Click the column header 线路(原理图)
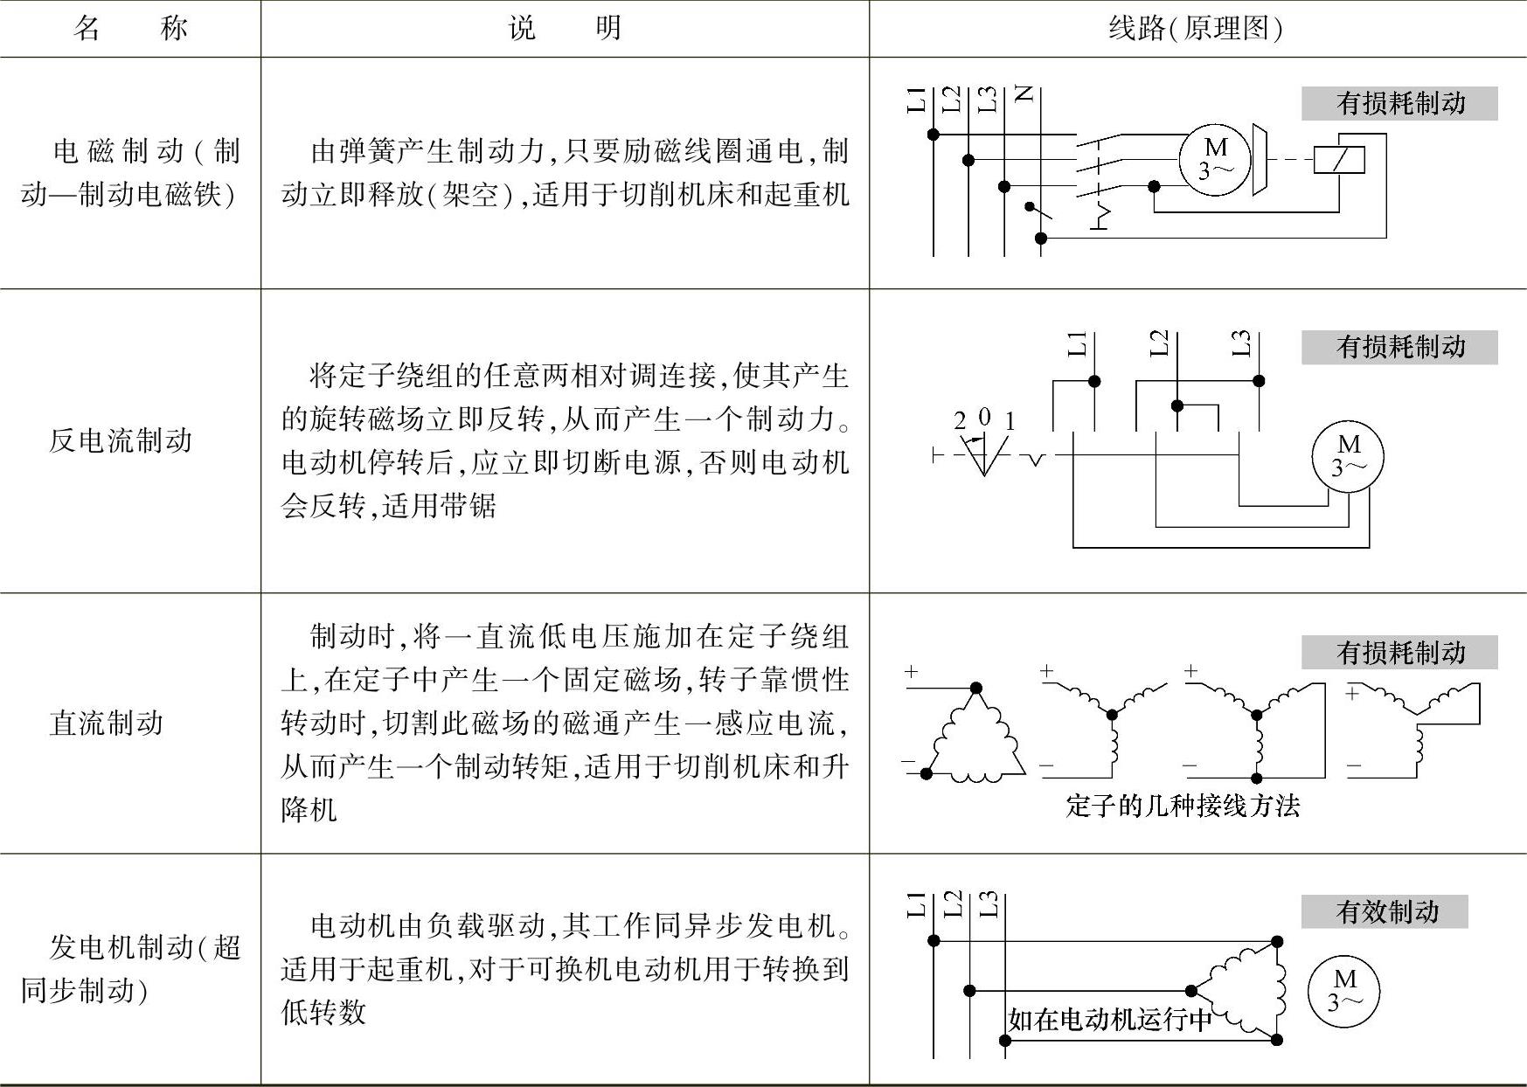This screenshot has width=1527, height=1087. point(1195,29)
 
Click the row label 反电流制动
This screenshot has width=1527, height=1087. point(121,440)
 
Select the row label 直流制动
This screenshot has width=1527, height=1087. point(107,723)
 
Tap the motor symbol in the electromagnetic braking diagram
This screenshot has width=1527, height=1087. point(1215,159)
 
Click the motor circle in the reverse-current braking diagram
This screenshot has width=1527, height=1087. point(1348,456)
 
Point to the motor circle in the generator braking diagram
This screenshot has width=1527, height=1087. point(1343,990)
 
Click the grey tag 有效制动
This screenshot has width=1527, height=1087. point(1385,912)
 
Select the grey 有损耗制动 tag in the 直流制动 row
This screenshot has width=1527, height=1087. point(1399,652)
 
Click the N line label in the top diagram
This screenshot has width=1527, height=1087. point(1024,94)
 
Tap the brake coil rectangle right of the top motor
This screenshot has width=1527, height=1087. point(1339,159)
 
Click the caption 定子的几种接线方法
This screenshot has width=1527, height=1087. point(1183,805)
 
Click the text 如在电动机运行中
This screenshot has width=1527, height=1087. point(1110,1019)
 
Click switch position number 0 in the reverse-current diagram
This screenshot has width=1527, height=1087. point(984,418)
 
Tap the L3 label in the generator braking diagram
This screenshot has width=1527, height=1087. point(988,904)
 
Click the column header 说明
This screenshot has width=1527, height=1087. point(565,29)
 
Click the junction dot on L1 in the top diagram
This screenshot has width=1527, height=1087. point(934,134)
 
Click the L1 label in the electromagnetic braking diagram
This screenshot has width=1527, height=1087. point(916,100)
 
